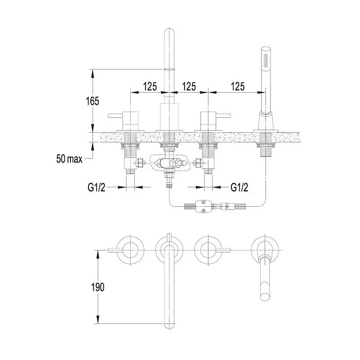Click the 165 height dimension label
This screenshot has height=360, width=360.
pos(93,101)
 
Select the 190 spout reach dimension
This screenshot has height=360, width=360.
pos(98,287)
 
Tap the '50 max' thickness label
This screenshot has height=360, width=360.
pos(69,158)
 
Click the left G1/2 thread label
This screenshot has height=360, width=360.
pos(97,188)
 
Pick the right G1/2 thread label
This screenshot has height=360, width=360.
pos(239,188)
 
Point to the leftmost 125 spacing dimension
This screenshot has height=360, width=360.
pos(150,86)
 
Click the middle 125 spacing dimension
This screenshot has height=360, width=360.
pos(189,86)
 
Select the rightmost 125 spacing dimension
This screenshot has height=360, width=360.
pos(238,86)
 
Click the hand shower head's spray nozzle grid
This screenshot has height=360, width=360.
pos(266,60)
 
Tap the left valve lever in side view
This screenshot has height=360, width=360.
pos(116,116)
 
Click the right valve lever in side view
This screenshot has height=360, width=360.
pos(223,116)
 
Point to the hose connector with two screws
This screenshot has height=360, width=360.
pos(203,206)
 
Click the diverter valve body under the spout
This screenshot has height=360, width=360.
pos(169,163)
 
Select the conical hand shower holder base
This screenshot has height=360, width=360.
pos(266,121)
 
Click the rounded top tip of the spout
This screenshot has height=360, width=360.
pos(169,30)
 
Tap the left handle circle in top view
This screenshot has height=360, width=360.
pos(131,250)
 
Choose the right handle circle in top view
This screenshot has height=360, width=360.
pos(208,250)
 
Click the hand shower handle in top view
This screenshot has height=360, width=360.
pos(266,278)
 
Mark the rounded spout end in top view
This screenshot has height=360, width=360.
pos(169,326)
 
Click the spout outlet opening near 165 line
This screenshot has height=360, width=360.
pos(169,69)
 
